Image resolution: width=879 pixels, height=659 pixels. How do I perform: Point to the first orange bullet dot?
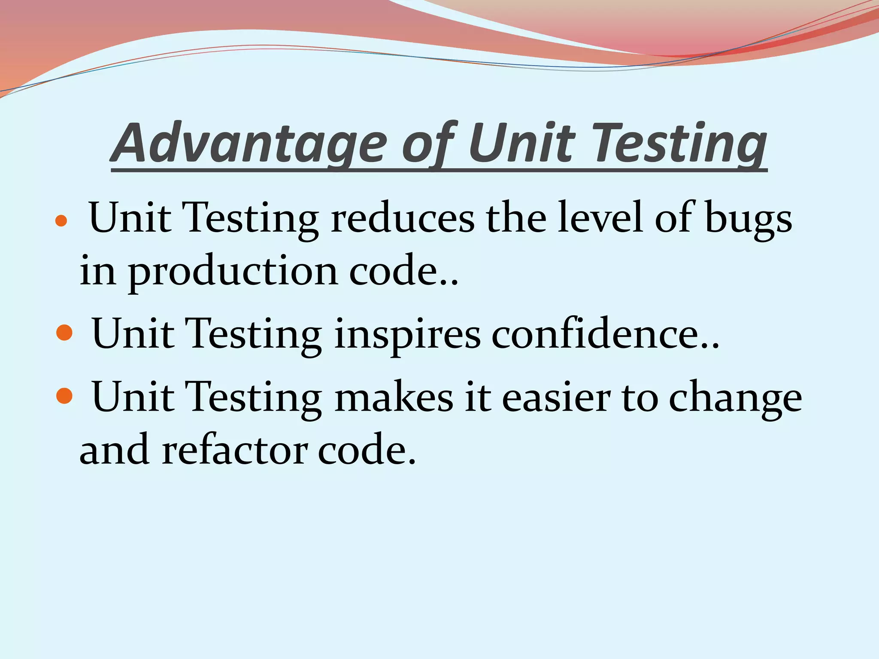(62, 221)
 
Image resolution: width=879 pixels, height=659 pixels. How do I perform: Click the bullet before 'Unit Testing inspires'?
(64, 333)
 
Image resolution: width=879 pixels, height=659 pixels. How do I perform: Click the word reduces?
(402, 218)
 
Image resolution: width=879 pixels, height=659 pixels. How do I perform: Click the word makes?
(394, 397)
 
